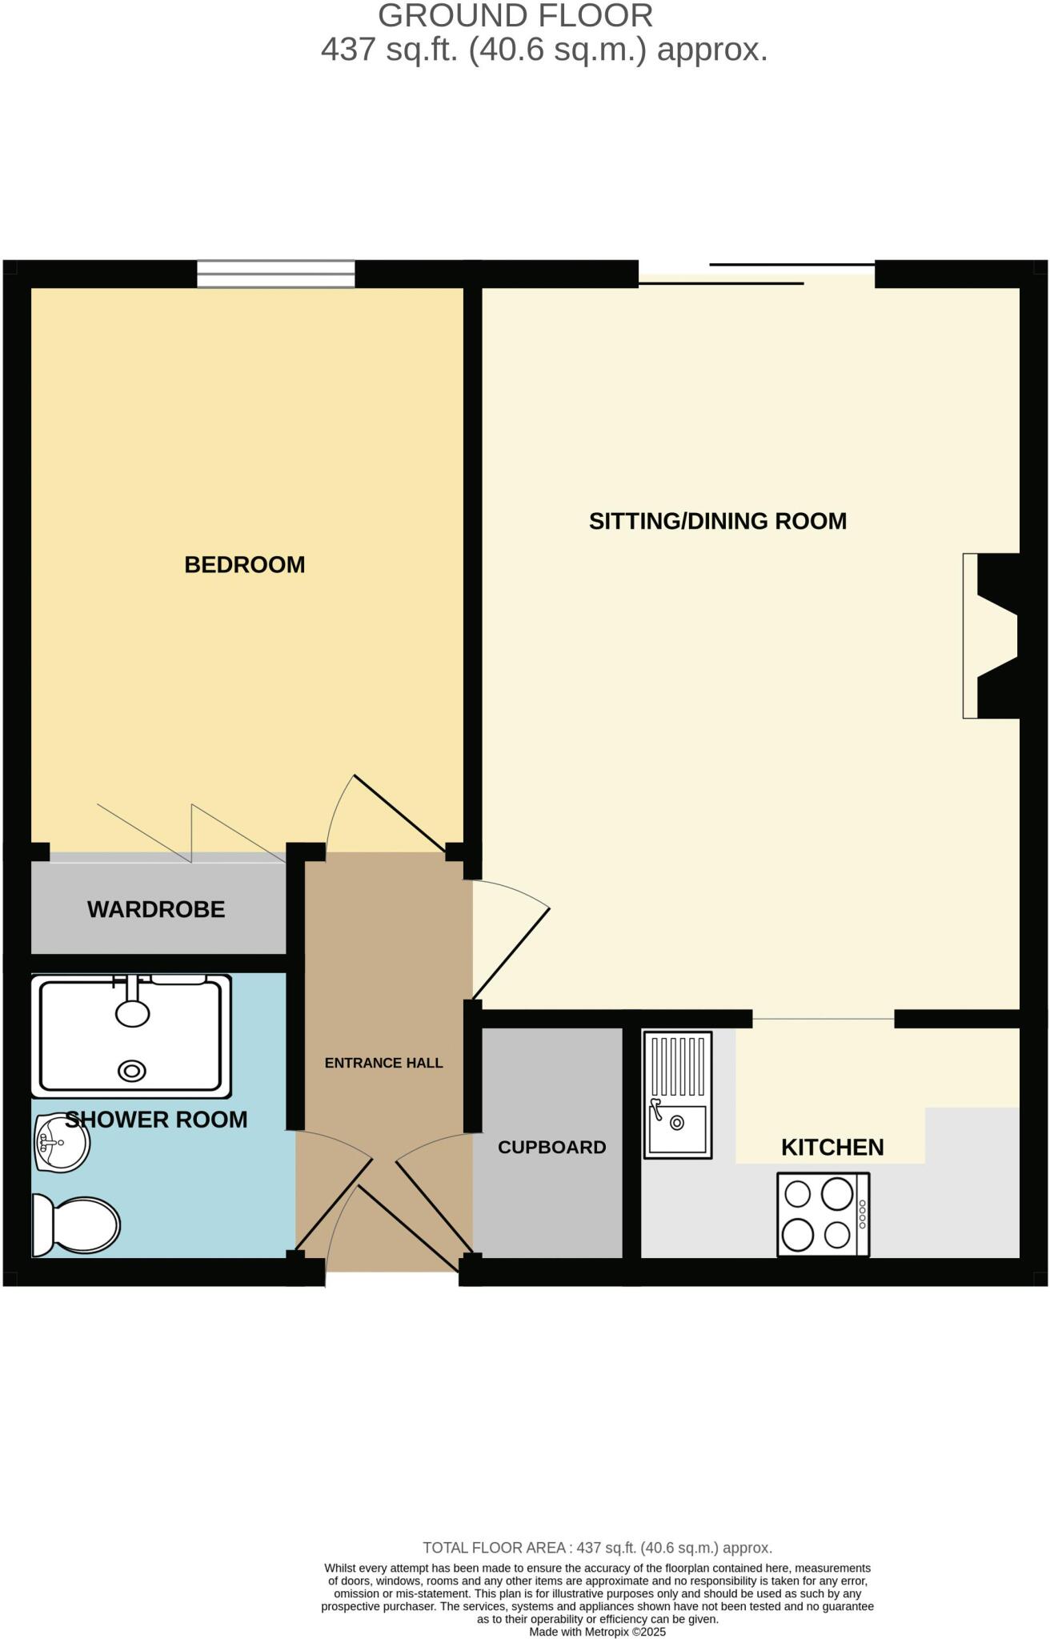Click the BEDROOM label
tap(245, 565)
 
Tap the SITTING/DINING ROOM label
tap(717, 521)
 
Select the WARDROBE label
tap(156, 909)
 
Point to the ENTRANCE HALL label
tap(383, 1063)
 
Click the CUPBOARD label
tap(551, 1147)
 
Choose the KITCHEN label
tap(832, 1147)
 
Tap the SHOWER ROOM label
tap(156, 1119)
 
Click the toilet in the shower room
tap(76, 1224)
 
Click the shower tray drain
tap(132, 1071)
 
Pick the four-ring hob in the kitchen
tap(823, 1215)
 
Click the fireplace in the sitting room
tap(992, 635)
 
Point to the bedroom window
tap(276, 274)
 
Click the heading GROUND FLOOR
tap(515, 16)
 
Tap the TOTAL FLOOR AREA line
tap(597, 1548)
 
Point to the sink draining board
tap(678, 1066)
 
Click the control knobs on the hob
tap(862, 1215)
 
